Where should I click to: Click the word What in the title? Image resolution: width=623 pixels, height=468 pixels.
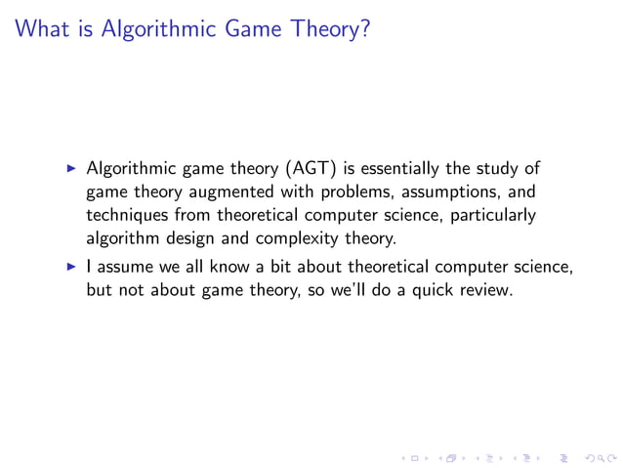[x=45, y=30]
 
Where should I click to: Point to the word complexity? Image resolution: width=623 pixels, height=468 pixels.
[x=293, y=235]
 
